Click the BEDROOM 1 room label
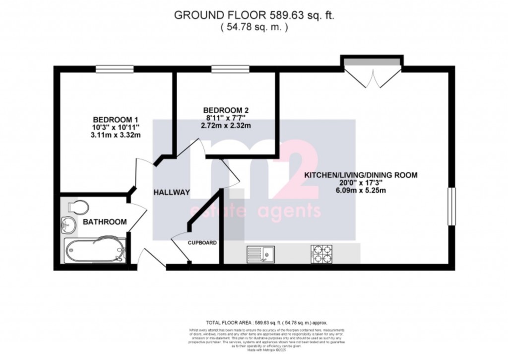point(116,120)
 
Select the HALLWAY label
point(172,193)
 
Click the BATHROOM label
point(105,222)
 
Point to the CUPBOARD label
point(202,243)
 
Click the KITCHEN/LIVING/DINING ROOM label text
point(361,175)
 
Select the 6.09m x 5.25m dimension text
point(361,191)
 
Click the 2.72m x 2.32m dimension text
point(226,126)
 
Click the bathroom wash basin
point(68,225)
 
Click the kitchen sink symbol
point(261,254)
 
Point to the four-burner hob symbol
point(321,254)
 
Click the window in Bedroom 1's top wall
point(115,69)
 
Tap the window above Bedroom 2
point(223,69)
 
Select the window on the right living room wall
point(451,206)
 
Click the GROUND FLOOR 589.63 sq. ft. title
point(254,15)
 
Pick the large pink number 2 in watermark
point(299,169)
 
